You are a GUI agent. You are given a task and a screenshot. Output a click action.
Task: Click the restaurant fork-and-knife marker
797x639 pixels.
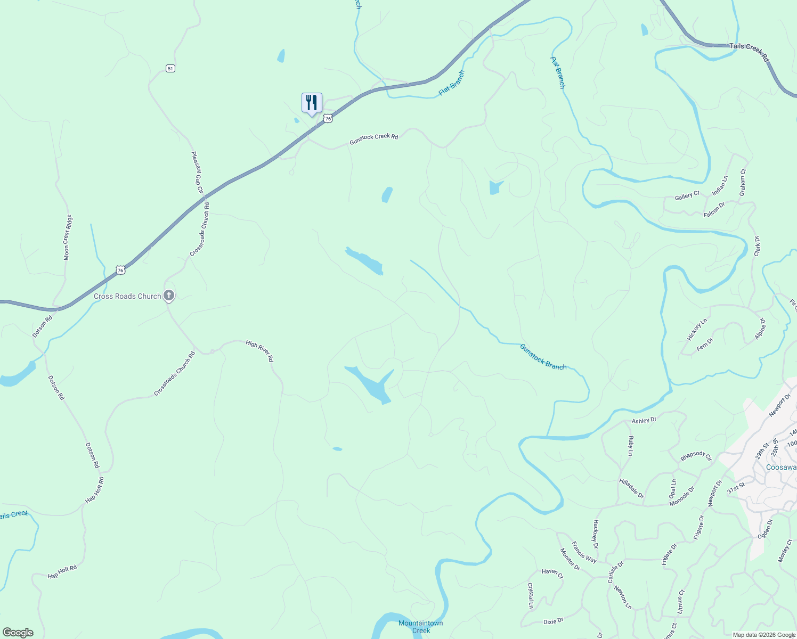pos(312,102)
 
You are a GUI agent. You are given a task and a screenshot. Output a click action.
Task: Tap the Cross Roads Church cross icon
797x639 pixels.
pos(169,295)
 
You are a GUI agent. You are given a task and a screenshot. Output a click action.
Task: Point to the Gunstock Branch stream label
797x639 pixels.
pos(543,357)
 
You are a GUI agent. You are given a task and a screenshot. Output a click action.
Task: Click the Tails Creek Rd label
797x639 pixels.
pos(749,51)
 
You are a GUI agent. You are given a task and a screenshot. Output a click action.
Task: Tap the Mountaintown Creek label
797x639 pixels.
pos(421,627)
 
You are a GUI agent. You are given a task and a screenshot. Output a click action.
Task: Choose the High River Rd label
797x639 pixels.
pos(259,351)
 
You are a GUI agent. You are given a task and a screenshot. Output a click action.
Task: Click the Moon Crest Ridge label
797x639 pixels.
pos(68,237)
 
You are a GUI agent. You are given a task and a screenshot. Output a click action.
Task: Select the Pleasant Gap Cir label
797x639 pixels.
pos(197,172)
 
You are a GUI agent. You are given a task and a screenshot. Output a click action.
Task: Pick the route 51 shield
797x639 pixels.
pos(170,68)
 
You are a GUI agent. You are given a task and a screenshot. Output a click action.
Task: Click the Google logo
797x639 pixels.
pos(18,633)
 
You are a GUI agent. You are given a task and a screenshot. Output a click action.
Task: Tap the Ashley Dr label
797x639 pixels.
pos(644,420)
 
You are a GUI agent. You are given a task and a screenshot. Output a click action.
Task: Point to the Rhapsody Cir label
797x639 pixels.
pos(696,456)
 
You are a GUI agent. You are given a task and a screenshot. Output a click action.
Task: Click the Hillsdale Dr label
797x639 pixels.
pos(631,488)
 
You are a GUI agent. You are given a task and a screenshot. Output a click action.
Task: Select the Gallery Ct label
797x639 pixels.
pos(687,196)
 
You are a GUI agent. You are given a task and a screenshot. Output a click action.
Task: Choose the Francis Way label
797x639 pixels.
pos(584,552)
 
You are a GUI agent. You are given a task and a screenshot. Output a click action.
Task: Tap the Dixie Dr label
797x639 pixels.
pos(553,621)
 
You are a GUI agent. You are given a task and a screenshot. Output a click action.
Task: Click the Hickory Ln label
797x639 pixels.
pos(697,330)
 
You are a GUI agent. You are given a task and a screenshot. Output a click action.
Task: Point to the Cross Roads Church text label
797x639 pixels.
pos(127,296)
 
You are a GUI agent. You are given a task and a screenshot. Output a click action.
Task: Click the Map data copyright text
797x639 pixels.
pos(763,634)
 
